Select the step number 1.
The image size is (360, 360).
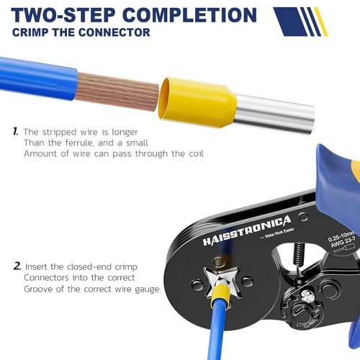(x=15, y=132)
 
